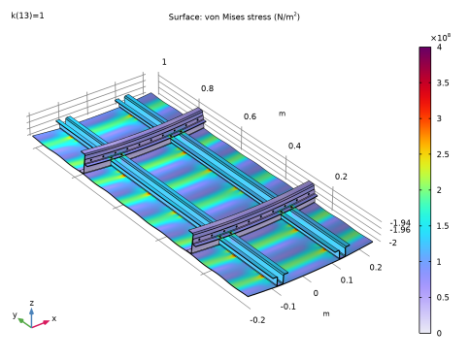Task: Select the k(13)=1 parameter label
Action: [27, 16]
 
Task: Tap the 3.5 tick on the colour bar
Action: [443, 82]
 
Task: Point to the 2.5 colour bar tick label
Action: [443, 154]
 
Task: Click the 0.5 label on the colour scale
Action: [443, 297]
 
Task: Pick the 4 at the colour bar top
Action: [439, 47]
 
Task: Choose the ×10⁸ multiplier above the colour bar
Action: [441, 38]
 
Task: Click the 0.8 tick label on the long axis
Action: [207, 88]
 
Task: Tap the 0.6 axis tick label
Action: [250, 116]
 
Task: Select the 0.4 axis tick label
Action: [294, 146]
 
